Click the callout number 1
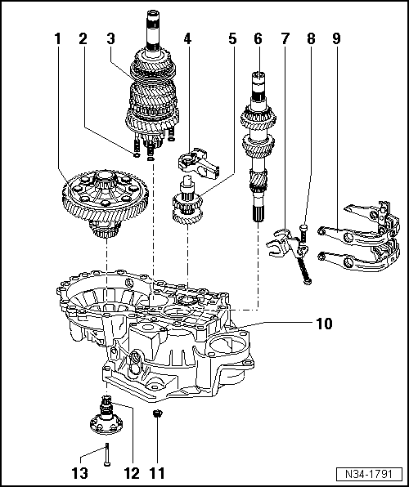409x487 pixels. click(x=58, y=38)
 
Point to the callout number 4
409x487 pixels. click(x=187, y=38)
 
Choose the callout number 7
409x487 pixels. click(x=285, y=38)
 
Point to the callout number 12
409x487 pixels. click(x=132, y=471)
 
